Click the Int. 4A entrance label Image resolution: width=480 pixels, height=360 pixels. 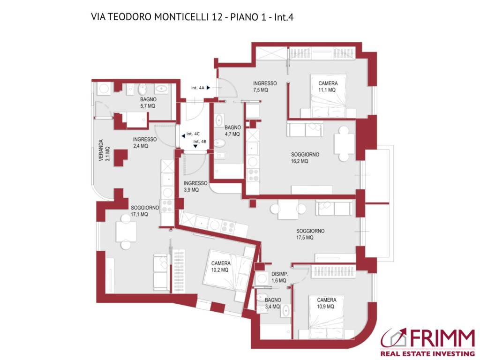click(x=197, y=88)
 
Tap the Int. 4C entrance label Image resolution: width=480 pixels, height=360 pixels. click(x=192, y=134)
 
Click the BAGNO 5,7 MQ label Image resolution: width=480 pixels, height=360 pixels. click(x=148, y=103)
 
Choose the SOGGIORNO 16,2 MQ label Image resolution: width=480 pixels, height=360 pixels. click(x=305, y=157)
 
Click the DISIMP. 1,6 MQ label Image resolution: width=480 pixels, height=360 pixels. click(x=279, y=277)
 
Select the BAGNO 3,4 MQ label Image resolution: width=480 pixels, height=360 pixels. click(x=272, y=303)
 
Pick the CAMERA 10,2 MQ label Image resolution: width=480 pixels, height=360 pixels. click(x=220, y=266)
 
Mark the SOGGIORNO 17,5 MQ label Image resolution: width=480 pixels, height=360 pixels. click(x=310, y=234)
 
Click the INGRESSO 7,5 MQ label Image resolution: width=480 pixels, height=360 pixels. click(x=265, y=86)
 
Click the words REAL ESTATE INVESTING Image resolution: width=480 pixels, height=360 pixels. click(x=427, y=353)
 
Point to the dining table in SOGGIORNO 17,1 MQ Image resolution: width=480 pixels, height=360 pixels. click(x=126, y=231)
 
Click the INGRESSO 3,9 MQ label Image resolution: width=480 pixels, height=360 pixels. click(x=195, y=187)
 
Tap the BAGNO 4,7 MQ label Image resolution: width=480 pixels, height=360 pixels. click(x=232, y=130)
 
